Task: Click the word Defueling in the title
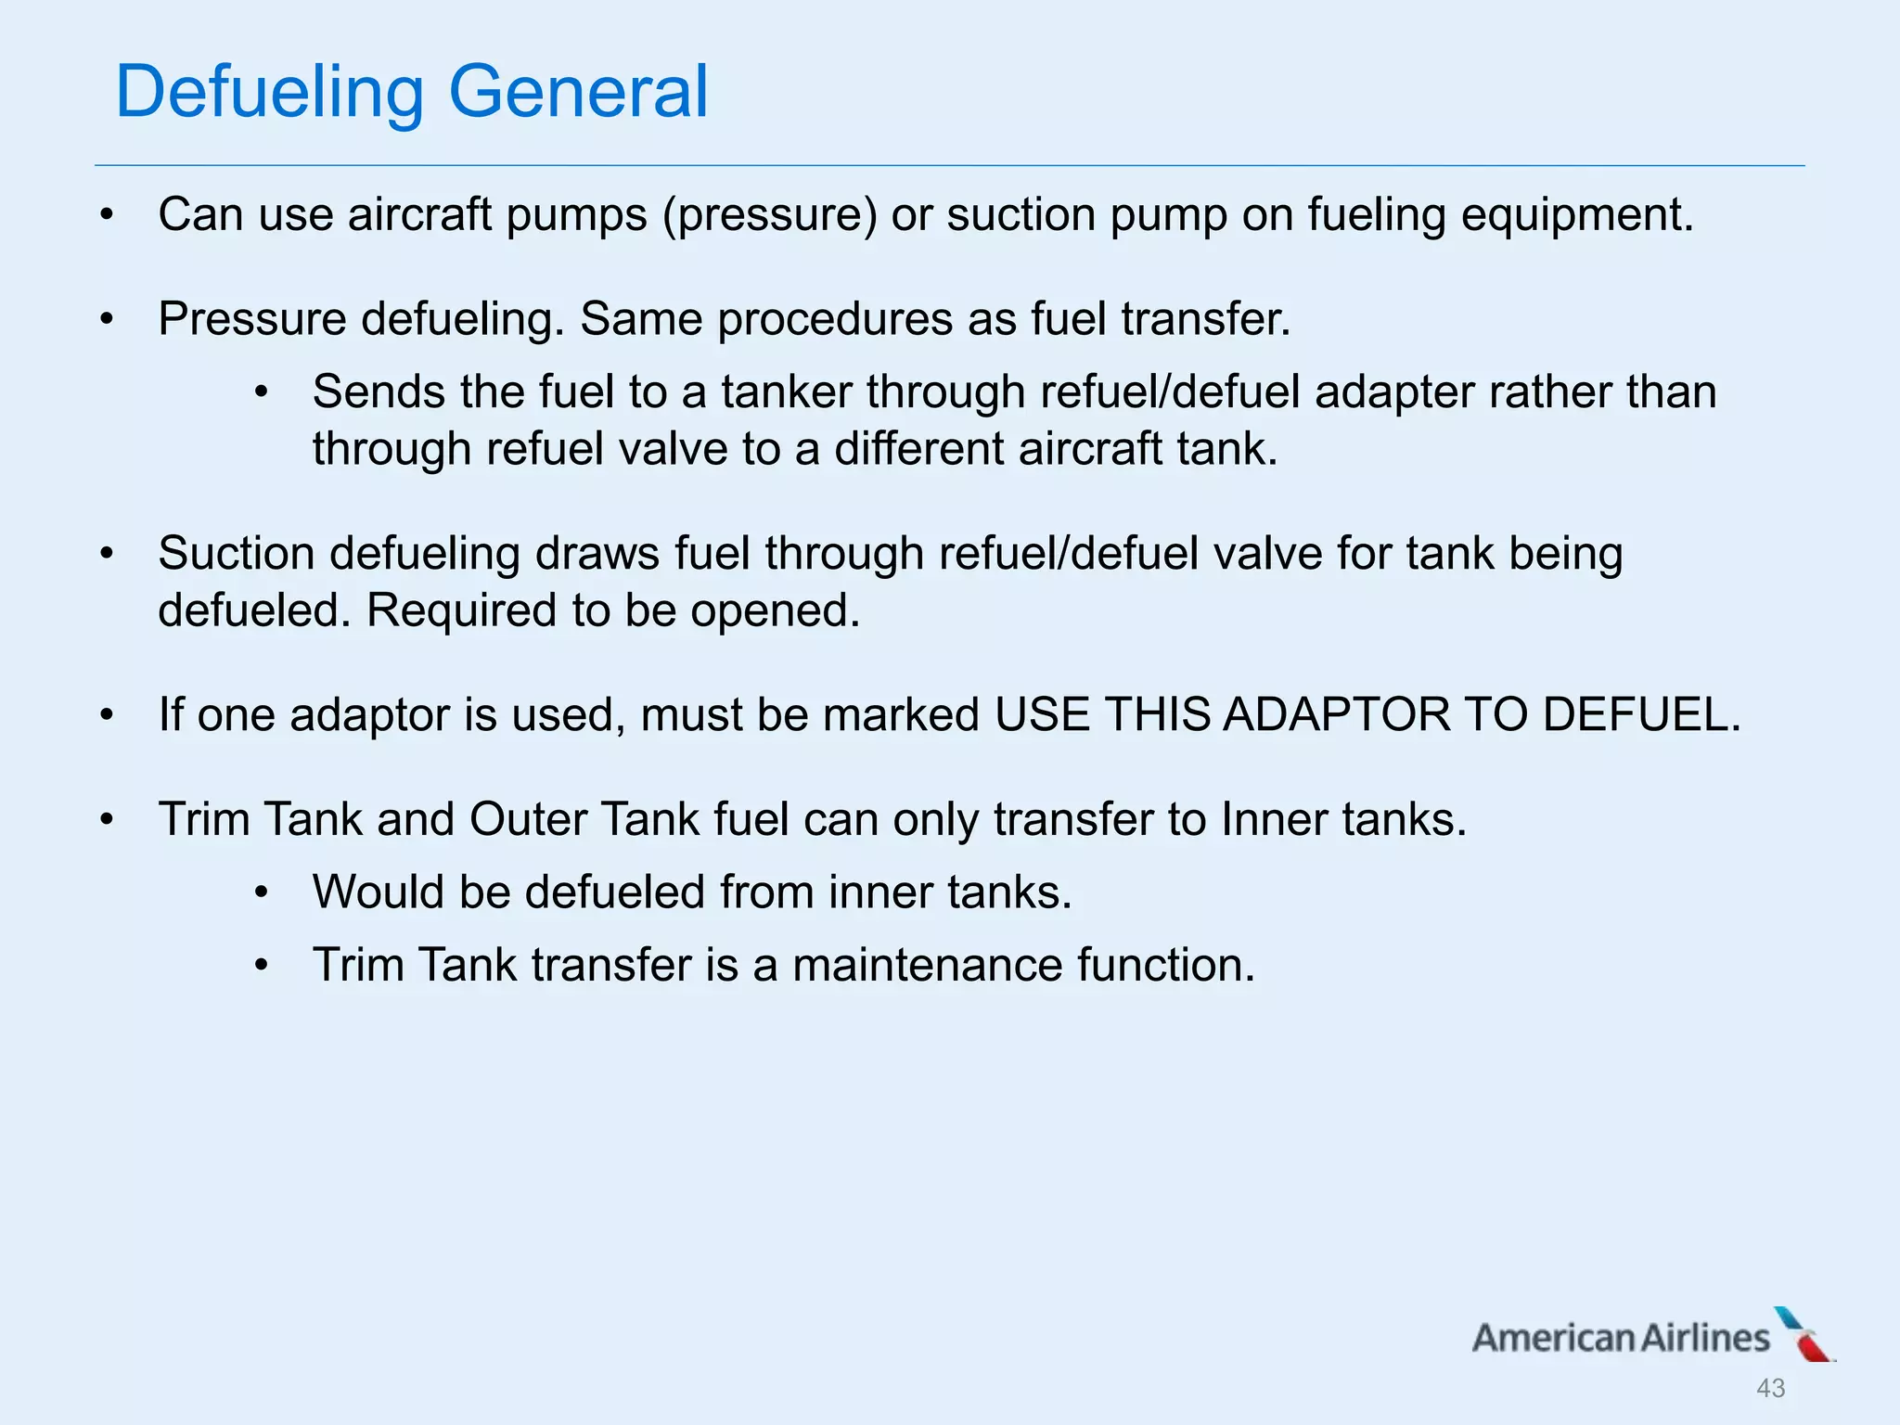click(x=269, y=93)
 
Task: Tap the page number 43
click(x=1770, y=1388)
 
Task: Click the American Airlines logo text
click(x=1621, y=1338)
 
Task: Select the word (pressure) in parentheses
click(x=769, y=215)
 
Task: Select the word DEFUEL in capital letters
click(x=1641, y=714)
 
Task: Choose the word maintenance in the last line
click(x=927, y=965)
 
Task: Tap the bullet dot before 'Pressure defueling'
click(x=108, y=320)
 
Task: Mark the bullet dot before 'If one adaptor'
click(x=108, y=715)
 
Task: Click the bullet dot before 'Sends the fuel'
click(x=262, y=393)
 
